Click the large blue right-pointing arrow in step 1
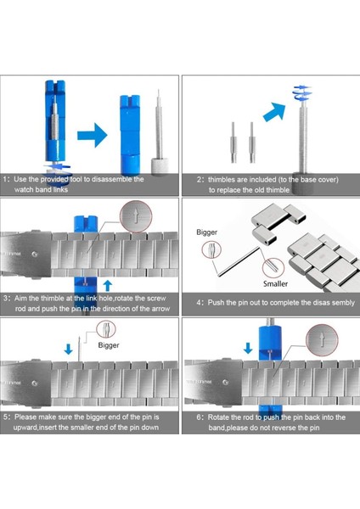[93, 135]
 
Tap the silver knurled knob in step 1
[160, 166]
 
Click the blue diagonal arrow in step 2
[274, 111]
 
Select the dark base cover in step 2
[303, 182]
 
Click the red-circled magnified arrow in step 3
[136, 216]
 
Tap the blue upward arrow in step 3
[108, 286]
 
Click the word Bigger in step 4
[206, 232]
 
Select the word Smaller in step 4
[275, 283]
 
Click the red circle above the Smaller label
[273, 268]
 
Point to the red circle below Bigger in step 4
[211, 250]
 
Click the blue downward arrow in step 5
[68, 350]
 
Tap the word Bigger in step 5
[109, 345]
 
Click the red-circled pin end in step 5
[106, 329]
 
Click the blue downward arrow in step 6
[248, 348]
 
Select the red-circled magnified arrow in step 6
[322, 340]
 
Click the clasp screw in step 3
[35, 254]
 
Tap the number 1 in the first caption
[5, 179]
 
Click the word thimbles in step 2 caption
[222, 180]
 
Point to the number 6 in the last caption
[199, 417]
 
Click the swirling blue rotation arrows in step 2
[302, 92]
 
